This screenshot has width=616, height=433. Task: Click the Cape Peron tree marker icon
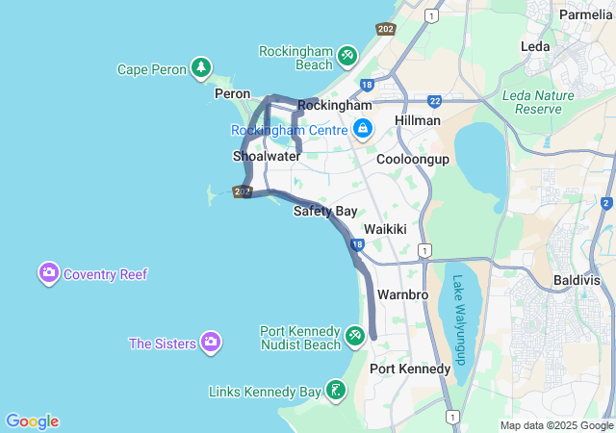tap(200, 67)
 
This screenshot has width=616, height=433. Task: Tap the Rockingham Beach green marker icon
tap(347, 58)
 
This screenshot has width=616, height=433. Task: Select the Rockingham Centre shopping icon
tap(363, 128)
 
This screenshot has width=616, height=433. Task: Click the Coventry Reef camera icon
tap(49, 273)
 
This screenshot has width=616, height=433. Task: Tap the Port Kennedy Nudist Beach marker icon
tap(355, 335)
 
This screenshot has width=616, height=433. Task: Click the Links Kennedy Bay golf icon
tap(335, 391)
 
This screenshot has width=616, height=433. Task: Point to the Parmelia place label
tap(585, 15)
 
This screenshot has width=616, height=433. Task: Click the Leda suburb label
tap(535, 46)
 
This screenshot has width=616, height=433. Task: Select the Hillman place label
tap(418, 120)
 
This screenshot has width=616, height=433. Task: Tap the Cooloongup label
tap(413, 159)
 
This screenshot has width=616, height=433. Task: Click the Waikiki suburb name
tap(385, 230)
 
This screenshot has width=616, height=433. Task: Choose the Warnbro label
tap(402, 293)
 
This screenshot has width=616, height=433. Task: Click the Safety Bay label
tap(325, 211)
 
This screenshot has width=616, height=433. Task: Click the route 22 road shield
tap(435, 100)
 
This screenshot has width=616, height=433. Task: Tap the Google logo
tap(32, 421)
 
